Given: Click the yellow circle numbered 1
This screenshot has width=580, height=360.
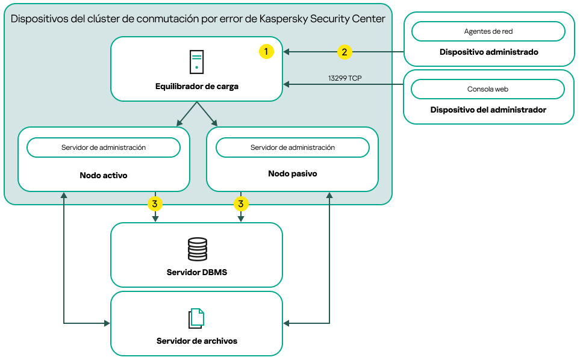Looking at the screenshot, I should coord(266,52).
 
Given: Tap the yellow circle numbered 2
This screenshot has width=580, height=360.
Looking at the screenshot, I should coord(344,52).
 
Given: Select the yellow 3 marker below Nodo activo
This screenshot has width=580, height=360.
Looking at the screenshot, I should coord(155,204).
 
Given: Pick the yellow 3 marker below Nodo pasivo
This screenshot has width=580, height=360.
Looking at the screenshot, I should coord(241,204).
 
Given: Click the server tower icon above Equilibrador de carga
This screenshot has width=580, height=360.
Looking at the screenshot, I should coord(196,62).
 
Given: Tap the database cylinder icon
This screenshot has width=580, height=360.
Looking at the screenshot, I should coord(197,249).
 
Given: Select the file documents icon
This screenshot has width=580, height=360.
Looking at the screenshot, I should coord(196,318).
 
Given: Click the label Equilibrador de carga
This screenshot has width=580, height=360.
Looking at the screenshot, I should coord(197,87).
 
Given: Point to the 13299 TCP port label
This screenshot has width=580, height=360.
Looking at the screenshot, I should coord(345,78).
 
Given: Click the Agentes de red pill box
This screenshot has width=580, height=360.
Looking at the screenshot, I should coord(488,31).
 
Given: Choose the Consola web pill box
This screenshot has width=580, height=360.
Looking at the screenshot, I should coord(488,89).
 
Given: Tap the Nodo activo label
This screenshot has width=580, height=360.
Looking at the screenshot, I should coord(104,176).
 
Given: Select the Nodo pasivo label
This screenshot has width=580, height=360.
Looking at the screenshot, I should coord(292,173).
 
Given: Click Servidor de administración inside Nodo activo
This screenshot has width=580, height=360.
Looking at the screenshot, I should coord(104,147).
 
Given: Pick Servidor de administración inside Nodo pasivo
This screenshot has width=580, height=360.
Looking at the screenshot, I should coord(292,147).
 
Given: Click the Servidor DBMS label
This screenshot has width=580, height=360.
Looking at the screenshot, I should coord(197,272).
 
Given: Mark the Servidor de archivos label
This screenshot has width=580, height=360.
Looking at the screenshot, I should coord(197,341).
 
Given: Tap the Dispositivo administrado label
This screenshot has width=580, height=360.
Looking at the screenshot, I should coord(488,52).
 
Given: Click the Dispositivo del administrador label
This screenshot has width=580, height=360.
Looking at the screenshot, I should coord(488,110).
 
